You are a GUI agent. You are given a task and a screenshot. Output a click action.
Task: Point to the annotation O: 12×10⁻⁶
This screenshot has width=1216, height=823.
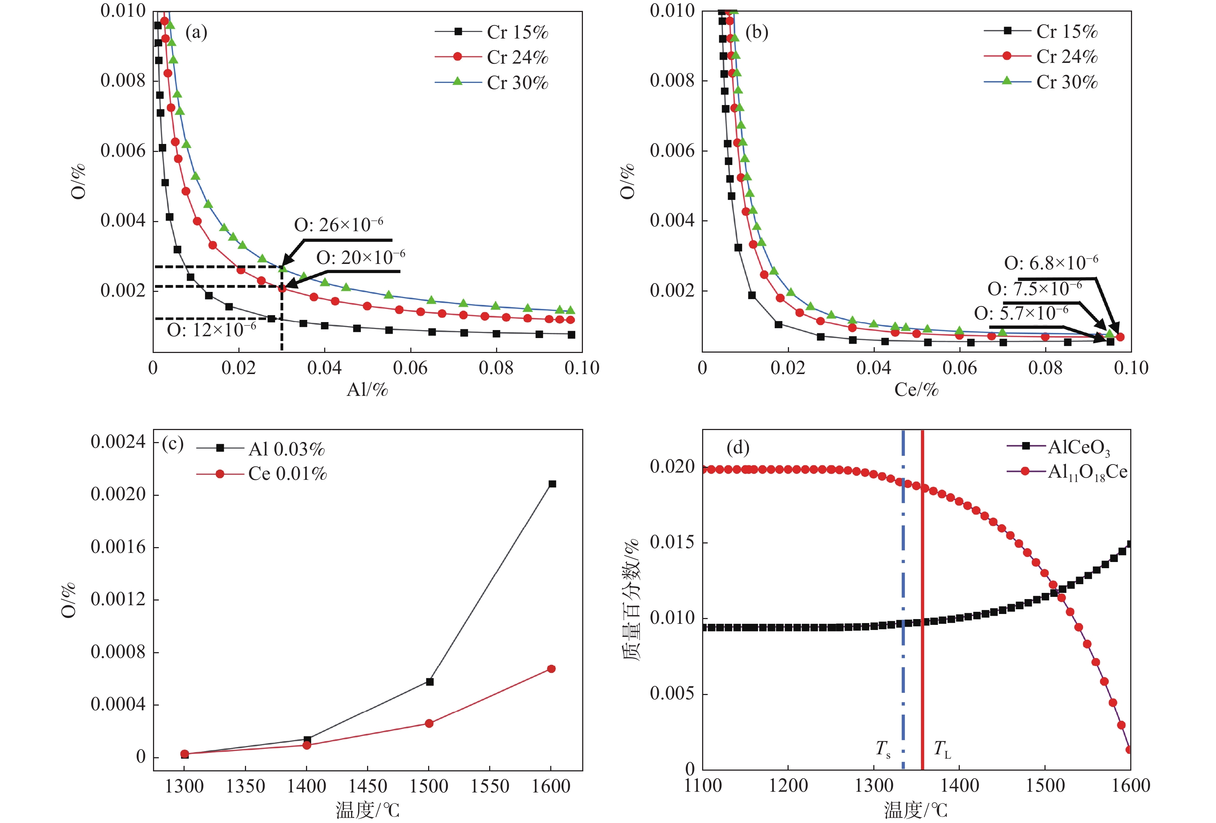coord(212,330)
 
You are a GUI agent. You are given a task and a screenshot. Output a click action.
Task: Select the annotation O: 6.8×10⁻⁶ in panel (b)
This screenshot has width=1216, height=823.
coord(1051,263)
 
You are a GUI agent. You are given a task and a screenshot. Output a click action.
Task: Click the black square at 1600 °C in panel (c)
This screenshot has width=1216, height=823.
coord(552,484)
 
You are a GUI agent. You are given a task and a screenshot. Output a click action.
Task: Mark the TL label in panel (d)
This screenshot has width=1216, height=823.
coord(942,749)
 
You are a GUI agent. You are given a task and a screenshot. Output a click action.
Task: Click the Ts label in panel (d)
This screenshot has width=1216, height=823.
coord(883,749)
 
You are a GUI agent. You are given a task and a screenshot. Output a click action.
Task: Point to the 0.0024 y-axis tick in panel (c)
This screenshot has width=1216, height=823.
coord(118,442)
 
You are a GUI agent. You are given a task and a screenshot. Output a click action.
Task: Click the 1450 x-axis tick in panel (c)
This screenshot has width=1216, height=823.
coord(367,786)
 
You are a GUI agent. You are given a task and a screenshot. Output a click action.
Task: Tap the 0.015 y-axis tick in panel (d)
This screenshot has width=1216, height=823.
coord(672,542)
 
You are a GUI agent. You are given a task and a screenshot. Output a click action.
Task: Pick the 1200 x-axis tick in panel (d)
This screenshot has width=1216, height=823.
coord(788,785)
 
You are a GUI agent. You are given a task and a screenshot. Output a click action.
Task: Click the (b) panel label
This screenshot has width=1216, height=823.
coord(757,32)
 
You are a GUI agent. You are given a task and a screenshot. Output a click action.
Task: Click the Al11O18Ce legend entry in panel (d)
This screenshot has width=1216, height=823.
coord(1087,472)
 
